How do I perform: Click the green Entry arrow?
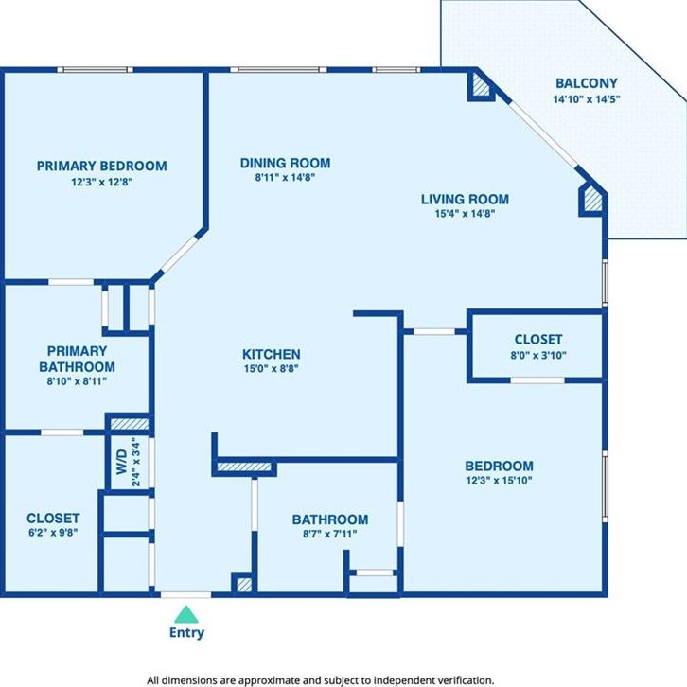coord(186,615)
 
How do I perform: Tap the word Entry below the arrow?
coord(186,633)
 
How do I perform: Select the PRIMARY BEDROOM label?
coord(101,166)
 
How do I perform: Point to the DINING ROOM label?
coord(285,163)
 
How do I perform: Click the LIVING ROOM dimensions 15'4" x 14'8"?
coord(465,214)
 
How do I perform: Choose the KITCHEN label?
coord(272,354)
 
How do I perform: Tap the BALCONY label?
coord(587,83)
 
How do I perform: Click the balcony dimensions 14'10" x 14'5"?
coord(587,99)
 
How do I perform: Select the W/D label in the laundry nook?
coord(122,462)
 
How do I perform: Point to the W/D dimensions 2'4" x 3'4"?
coord(136,462)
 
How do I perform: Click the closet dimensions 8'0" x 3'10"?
coord(538,356)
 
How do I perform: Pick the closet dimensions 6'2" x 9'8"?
coord(53,533)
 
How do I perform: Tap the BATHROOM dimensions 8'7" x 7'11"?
coord(330,534)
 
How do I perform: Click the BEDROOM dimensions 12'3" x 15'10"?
coord(499,480)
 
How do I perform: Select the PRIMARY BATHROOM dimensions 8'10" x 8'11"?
coord(77,381)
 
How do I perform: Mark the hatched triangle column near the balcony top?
coord(480,85)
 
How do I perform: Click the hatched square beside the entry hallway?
coord(244,585)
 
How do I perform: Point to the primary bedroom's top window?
coord(95,70)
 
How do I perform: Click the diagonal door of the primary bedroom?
coord(179,254)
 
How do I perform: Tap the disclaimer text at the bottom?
coord(320,680)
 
